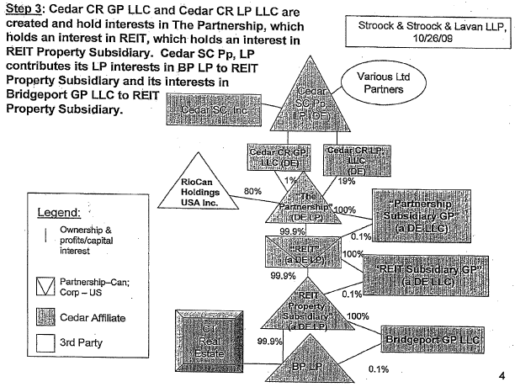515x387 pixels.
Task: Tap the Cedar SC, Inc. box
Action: [x=205, y=107]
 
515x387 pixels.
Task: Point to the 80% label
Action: [x=251, y=192]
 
